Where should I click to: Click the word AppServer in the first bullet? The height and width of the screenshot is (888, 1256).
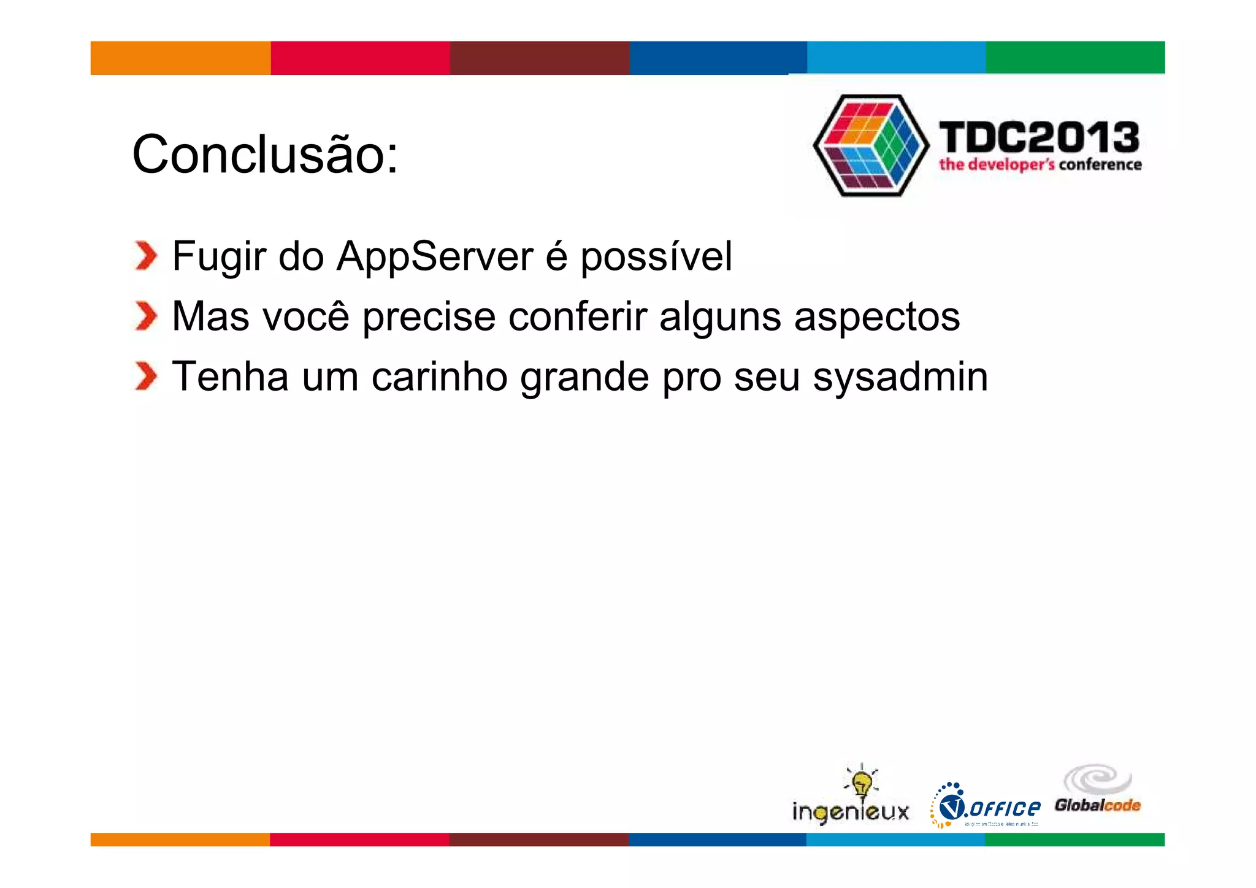(x=435, y=256)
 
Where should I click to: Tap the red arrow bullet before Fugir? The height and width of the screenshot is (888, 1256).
(x=146, y=256)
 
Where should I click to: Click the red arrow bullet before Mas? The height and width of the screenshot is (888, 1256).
(x=146, y=316)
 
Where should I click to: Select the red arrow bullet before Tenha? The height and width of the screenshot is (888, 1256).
(x=146, y=376)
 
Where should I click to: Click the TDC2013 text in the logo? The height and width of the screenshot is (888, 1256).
(x=1039, y=137)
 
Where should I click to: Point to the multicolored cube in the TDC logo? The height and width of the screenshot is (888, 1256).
(x=871, y=145)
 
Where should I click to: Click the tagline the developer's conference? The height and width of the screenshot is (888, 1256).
(x=1040, y=164)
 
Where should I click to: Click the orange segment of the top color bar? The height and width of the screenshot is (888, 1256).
(x=180, y=58)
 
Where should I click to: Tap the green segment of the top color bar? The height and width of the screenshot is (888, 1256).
(x=1075, y=58)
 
